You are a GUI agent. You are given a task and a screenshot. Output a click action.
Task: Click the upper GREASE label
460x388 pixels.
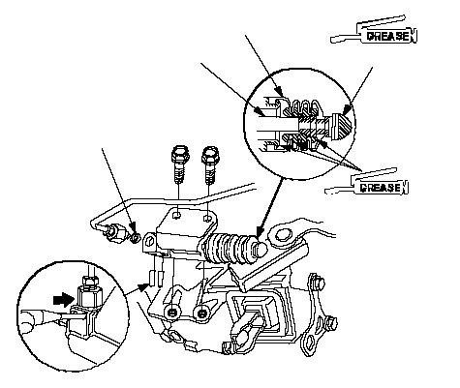(388, 36)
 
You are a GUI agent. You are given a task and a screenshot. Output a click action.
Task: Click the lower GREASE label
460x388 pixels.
(381, 188)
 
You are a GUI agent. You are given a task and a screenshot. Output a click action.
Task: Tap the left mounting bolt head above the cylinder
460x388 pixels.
(180, 155)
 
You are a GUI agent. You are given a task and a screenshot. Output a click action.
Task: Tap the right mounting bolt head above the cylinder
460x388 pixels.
(209, 155)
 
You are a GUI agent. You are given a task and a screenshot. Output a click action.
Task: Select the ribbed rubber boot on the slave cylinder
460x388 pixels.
(229, 249)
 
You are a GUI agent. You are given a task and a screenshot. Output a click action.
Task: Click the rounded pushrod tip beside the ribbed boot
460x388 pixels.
(261, 248)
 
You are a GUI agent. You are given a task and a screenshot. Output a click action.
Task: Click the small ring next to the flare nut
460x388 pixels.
(136, 239)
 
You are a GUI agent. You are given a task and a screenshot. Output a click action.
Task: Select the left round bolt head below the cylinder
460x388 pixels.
(171, 312)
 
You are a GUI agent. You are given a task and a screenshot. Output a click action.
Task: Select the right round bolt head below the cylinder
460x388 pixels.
(201, 313)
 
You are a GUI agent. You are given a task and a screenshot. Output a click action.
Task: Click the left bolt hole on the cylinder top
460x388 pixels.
(176, 215)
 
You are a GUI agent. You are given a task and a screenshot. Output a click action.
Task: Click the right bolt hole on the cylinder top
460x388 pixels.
(207, 219)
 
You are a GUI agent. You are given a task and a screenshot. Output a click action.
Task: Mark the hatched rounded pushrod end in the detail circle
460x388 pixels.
(342, 127)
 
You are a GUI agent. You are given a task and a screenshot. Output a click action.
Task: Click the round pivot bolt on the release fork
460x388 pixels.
(282, 235)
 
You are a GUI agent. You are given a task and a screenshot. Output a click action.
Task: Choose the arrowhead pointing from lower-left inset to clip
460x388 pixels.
(145, 286)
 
